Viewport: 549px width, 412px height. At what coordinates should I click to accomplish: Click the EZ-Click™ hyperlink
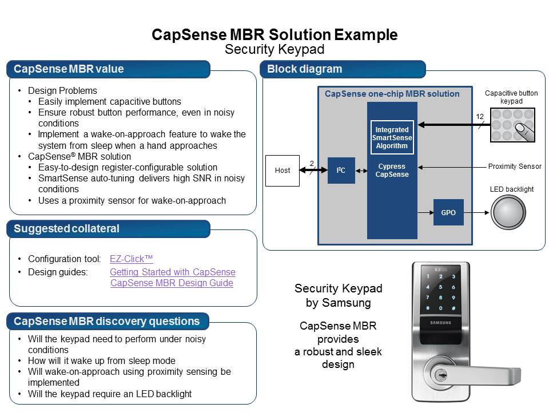pos(131,259)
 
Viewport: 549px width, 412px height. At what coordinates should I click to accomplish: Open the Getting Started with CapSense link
pos(172,272)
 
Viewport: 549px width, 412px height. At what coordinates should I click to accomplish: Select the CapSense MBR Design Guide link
pos(172,283)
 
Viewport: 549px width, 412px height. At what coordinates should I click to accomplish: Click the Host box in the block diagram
pos(283,171)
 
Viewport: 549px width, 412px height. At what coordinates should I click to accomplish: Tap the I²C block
pos(341,171)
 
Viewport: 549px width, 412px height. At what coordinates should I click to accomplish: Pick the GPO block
pos(448,213)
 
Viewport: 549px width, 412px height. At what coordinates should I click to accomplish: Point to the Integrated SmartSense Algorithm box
pos(392,138)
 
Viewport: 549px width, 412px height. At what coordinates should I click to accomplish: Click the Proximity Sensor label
pos(515,167)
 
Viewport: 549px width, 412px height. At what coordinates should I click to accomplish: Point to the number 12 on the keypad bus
pos(480,117)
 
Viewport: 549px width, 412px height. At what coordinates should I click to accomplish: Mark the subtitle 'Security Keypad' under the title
pos(274,49)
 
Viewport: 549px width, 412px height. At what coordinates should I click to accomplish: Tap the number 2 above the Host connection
pos(312,164)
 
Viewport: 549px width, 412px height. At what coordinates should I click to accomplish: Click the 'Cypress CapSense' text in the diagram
pos(392,171)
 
